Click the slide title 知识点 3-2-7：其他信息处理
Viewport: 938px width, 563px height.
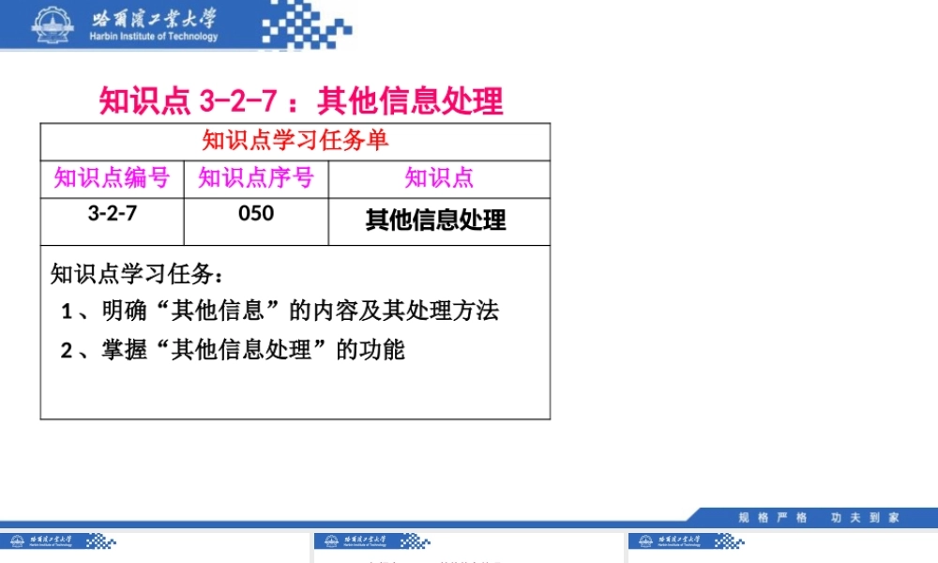(301, 100)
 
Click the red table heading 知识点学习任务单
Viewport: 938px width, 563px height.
(295, 141)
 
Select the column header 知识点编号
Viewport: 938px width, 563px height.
(112, 177)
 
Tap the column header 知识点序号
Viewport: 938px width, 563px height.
(256, 177)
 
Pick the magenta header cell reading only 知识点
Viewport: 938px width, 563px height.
(439, 177)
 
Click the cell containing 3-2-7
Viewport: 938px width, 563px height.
(113, 213)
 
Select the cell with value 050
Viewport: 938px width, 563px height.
(256, 213)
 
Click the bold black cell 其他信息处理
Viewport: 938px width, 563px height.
(436, 220)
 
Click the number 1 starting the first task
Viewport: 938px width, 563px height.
(67, 312)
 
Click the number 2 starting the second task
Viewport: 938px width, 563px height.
(67, 351)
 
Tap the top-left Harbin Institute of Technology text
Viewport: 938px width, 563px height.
(154, 37)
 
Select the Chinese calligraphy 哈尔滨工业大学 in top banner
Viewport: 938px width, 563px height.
(154, 18)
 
